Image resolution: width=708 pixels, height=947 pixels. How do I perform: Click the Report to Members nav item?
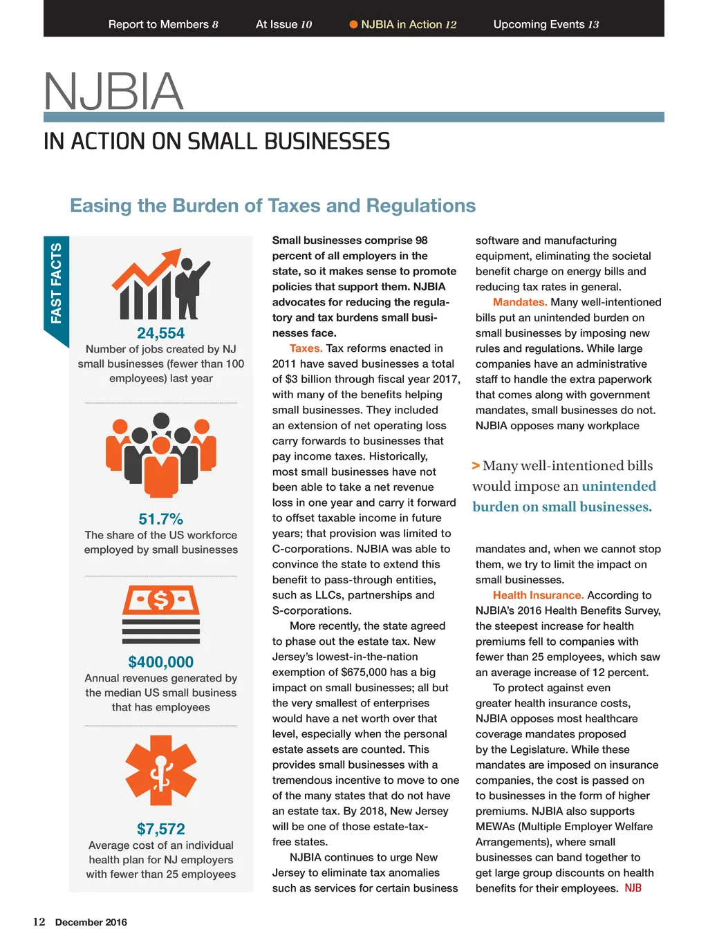click(x=163, y=24)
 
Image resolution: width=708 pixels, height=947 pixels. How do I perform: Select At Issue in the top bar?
click(x=283, y=24)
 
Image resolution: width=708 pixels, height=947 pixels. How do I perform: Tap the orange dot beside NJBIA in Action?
click(x=353, y=24)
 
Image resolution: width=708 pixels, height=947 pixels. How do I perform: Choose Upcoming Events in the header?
click(x=546, y=24)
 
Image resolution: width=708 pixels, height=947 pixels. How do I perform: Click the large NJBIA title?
click(x=113, y=92)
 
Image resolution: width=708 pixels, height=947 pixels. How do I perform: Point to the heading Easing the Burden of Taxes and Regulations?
click(x=272, y=205)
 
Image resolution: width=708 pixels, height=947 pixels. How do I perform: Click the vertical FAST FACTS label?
click(x=56, y=283)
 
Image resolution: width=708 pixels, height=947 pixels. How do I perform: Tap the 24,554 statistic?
click(x=160, y=333)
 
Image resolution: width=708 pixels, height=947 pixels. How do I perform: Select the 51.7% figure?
click(x=160, y=519)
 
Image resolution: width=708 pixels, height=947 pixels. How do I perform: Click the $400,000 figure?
click(x=160, y=662)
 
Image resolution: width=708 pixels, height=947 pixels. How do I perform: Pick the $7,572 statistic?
click(x=160, y=829)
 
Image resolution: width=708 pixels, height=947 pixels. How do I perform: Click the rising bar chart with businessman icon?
click(x=160, y=284)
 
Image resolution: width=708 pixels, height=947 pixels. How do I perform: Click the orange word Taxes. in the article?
click(x=306, y=348)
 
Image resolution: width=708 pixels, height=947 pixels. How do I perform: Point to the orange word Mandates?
click(x=519, y=302)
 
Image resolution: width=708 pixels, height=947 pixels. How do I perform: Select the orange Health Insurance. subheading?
click(x=538, y=595)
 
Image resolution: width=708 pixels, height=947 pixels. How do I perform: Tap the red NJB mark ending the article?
click(x=633, y=888)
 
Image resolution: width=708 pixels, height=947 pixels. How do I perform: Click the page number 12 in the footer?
click(x=39, y=921)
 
